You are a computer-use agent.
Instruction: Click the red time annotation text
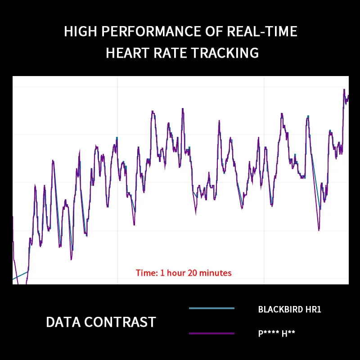pos(184,273)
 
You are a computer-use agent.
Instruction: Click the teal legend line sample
pos(211,308)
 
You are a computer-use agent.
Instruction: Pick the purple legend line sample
pos(211,333)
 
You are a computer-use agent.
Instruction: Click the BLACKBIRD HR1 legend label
pos(289,310)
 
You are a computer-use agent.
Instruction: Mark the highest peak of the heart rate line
pos(344,90)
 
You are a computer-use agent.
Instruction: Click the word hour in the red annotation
pos(176,273)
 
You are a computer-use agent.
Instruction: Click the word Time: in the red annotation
pos(146,273)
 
